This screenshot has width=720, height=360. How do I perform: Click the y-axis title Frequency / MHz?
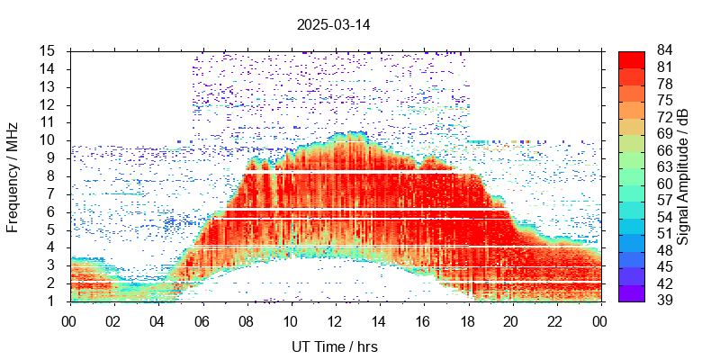(13, 175)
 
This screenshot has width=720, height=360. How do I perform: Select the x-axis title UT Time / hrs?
(335, 346)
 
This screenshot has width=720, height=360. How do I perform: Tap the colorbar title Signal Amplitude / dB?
(683, 175)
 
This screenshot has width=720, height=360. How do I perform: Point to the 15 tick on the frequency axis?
(49, 50)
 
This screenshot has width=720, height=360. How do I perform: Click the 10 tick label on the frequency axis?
(49, 140)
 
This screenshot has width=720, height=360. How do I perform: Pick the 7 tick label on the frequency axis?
(52, 193)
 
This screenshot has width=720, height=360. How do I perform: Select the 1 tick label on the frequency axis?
(52, 301)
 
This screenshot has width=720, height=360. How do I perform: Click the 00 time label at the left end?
(69, 319)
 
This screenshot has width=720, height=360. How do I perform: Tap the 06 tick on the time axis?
(202, 319)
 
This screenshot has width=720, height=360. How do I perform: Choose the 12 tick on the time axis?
(335, 319)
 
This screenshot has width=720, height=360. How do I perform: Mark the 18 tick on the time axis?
(468, 319)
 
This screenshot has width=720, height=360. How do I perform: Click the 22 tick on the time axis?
(556, 319)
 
